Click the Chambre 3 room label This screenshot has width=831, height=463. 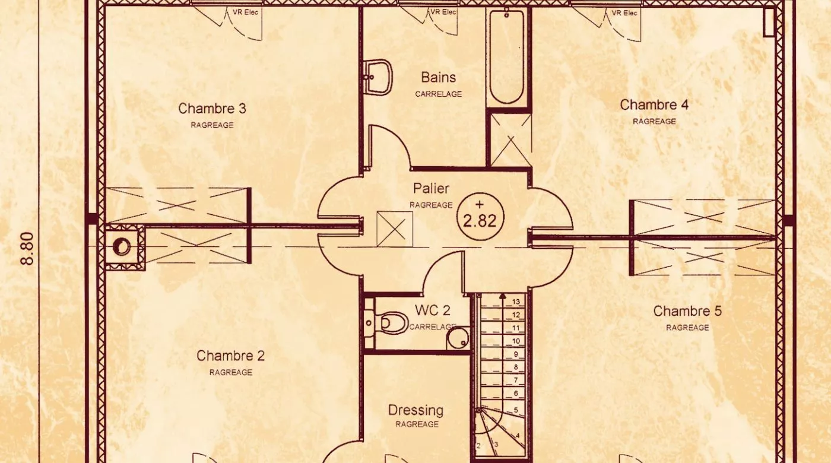(x=212, y=109)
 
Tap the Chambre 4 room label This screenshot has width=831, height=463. (x=654, y=105)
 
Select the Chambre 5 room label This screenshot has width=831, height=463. (x=687, y=311)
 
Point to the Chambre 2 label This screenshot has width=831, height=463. (x=230, y=356)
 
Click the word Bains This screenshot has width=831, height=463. (x=438, y=78)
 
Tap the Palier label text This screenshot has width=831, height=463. (x=431, y=189)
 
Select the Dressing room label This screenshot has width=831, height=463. (x=415, y=411)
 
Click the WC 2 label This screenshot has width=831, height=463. (x=433, y=310)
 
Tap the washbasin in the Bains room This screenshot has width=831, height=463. (x=379, y=78)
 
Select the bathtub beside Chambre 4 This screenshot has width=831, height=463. (x=507, y=56)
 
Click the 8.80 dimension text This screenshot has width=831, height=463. (x=28, y=248)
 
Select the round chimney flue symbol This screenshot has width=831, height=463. (x=122, y=246)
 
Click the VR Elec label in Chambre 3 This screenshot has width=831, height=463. (x=245, y=12)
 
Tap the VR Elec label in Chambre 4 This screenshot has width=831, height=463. (x=624, y=13)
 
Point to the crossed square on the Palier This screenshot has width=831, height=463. (x=395, y=229)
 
